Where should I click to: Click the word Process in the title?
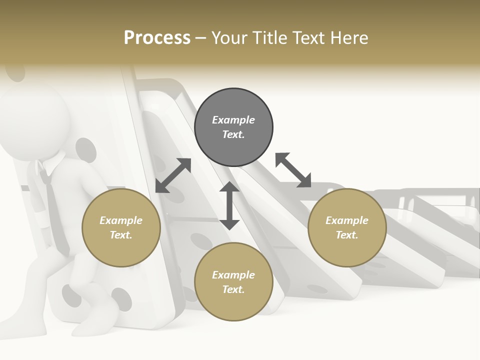point(157,38)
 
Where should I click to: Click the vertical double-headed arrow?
point(229,205)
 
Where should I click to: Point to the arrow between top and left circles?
point(173,175)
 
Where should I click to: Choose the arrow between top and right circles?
point(293,170)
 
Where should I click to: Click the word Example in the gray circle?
point(233,120)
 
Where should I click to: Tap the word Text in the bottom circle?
point(232,289)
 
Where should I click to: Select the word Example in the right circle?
point(347,220)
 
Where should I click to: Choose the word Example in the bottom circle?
point(233,275)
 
